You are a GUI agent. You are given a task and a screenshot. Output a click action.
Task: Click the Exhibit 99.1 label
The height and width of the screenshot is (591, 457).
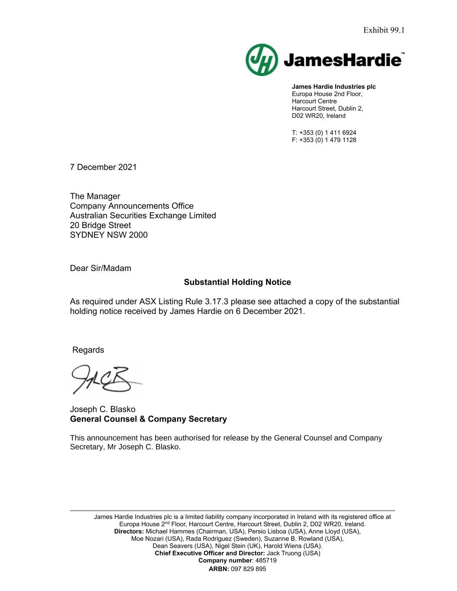383,30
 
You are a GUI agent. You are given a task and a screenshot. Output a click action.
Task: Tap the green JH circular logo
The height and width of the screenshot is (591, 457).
262,60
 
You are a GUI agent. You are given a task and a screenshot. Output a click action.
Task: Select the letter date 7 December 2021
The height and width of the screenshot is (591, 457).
103,167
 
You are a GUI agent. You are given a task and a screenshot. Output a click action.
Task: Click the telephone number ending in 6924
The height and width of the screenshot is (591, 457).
327,132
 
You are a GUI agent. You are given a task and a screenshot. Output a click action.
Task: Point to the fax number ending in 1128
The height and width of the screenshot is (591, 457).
327,140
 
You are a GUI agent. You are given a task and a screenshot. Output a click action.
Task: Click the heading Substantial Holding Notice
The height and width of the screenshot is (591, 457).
237,282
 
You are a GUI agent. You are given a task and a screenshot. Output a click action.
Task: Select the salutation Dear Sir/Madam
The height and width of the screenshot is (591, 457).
100,268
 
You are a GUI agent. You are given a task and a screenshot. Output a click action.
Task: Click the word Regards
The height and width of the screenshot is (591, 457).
88,350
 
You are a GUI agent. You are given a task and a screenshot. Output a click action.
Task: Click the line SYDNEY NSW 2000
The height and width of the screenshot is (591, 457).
109,235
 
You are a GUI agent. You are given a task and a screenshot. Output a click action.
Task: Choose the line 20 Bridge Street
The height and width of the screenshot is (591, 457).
100,226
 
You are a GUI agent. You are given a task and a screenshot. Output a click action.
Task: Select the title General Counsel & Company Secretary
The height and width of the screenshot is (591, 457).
148,419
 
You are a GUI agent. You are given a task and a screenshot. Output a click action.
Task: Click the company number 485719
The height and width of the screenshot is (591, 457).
266,560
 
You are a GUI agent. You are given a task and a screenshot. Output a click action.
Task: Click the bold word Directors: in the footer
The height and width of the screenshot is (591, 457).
129,531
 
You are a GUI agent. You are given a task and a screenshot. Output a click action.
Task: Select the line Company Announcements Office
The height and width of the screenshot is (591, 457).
132,206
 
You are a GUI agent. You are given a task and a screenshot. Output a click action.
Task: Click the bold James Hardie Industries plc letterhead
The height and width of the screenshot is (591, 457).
334,87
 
